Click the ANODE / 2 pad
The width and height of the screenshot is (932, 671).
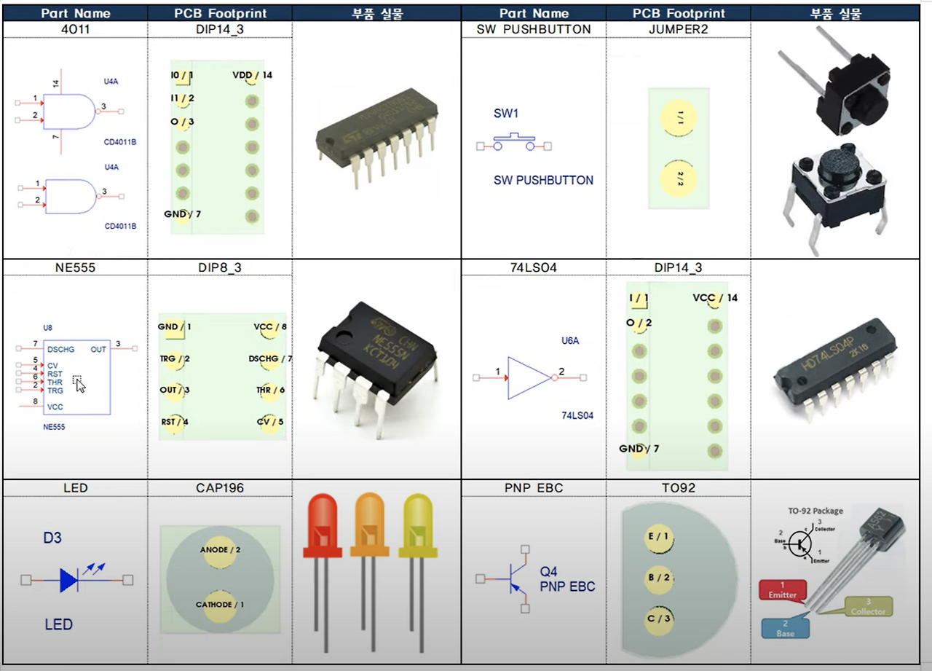pyautogui.click(x=220, y=550)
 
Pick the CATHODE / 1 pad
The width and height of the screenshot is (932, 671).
pyautogui.click(x=220, y=605)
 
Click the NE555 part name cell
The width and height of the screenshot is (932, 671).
pyautogui.click(x=75, y=267)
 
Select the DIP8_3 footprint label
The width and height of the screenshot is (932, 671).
pyautogui.click(x=219, y=267)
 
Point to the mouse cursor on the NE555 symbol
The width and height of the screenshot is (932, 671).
pyautogui.click(x=80, y=385)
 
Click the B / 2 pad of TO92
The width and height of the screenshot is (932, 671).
pyautogui.click(x=658, y=577)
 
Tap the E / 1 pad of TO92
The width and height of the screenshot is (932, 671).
pyautogui.click(x=658, y=537)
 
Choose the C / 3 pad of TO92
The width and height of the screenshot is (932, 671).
pyautogui.click(x=658, y=618)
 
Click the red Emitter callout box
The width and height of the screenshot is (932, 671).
pyautogui.click(x=783, y=589)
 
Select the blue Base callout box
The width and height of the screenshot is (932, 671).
pyautogui.click(x=786, y=629)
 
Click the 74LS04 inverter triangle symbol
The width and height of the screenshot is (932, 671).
pyautogui.click(x=528, y=378)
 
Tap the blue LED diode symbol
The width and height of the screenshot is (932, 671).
pyautogui.click(x=69, y=580)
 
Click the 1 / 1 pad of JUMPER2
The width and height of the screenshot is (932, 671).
pyautogui.click(x=678, y=116)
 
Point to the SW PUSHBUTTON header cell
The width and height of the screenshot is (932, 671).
pyautogui.click(x=534, y=30)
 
